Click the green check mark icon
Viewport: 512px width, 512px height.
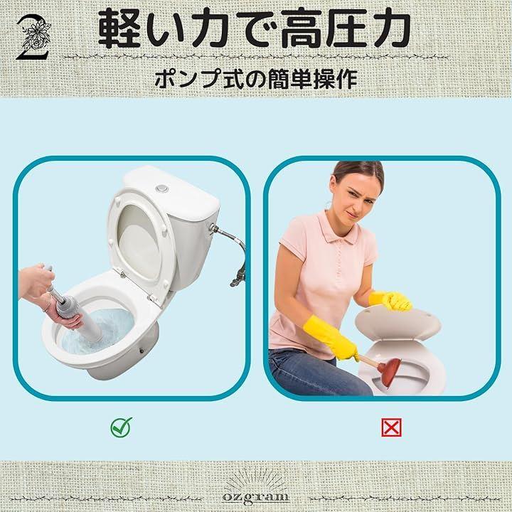121,427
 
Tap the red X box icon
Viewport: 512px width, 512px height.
391,427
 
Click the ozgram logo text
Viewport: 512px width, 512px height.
256,496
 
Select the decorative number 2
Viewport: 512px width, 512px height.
33,38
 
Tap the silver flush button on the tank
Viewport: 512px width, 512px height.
162,188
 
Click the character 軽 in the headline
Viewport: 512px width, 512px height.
121,28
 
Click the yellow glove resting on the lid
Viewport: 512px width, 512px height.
390,301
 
